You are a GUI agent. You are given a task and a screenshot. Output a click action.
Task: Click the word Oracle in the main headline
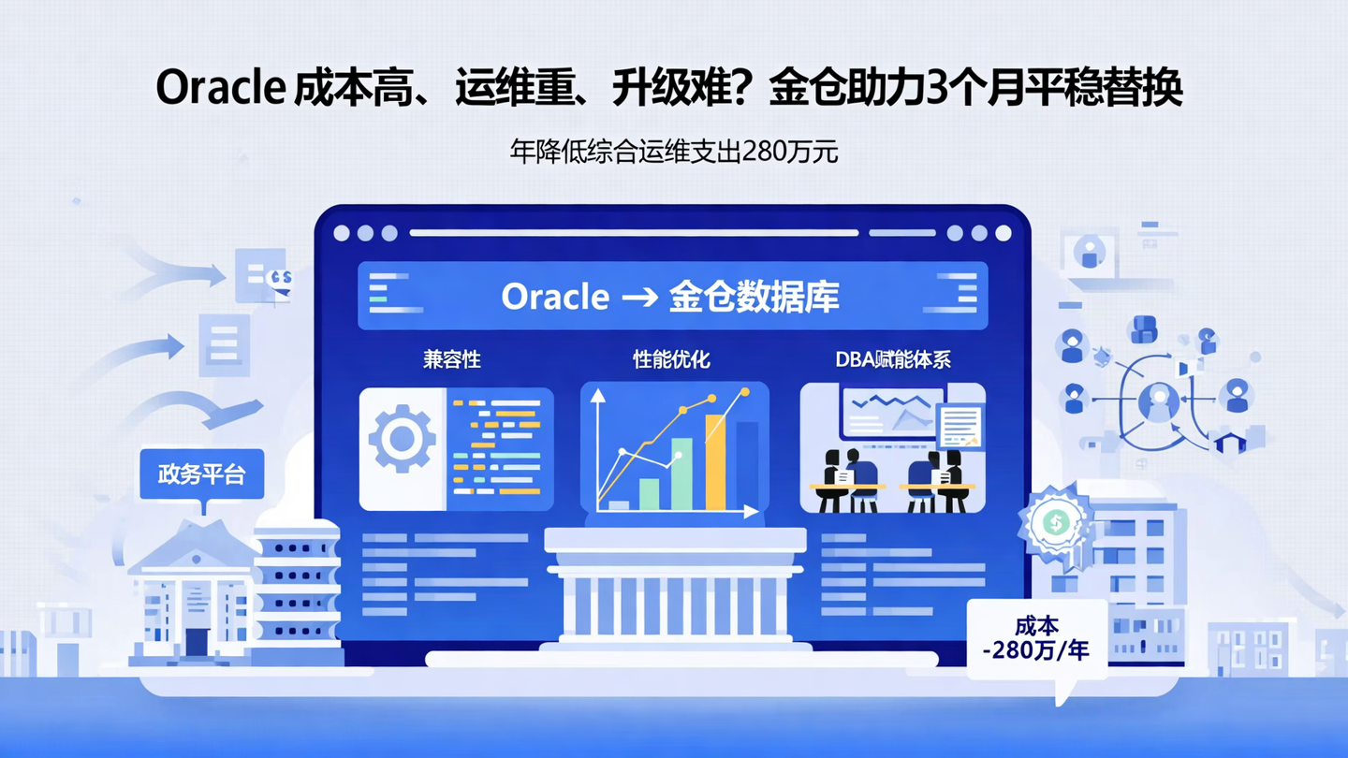220,89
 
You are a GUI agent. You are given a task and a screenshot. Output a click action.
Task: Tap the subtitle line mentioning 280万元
673,152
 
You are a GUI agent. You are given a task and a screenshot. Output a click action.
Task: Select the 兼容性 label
451,360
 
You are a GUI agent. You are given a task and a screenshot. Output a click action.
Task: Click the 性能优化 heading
671,359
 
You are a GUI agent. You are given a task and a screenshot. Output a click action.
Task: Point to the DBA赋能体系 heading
892,359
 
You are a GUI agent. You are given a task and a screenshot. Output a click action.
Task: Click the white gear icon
403,439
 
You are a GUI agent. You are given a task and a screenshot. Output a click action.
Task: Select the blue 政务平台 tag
201,474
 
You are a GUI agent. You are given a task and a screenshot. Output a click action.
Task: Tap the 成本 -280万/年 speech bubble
1036,640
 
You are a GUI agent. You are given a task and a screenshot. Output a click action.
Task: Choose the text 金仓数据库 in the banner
755,298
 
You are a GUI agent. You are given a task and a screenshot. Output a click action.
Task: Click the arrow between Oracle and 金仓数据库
638,298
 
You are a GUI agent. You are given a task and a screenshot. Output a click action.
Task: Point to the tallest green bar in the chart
681,474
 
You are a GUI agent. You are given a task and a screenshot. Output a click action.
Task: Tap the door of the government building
197,641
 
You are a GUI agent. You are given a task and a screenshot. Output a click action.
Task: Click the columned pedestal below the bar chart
674,590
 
